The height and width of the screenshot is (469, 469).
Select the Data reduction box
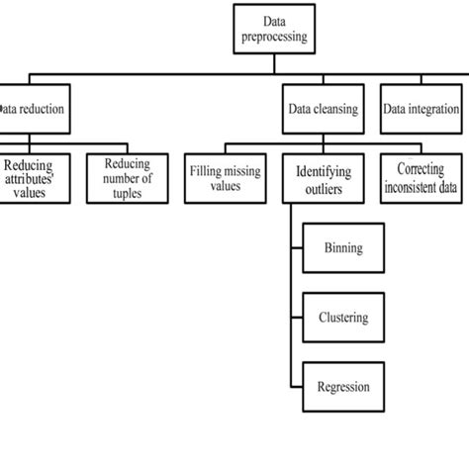click(x=34, y=110)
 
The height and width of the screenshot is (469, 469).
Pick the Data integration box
click(x=421, y=110)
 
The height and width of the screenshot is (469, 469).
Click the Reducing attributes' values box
click(x=35, y=177)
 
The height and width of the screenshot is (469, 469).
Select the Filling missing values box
click(x=225, y=177)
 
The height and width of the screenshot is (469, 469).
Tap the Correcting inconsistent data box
click(x=422, y=177)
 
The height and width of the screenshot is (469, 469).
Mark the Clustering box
click(x=343, y=318)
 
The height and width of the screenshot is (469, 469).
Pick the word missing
click(x=241, y=171)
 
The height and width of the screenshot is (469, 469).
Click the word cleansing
click(x=336, y=110)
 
